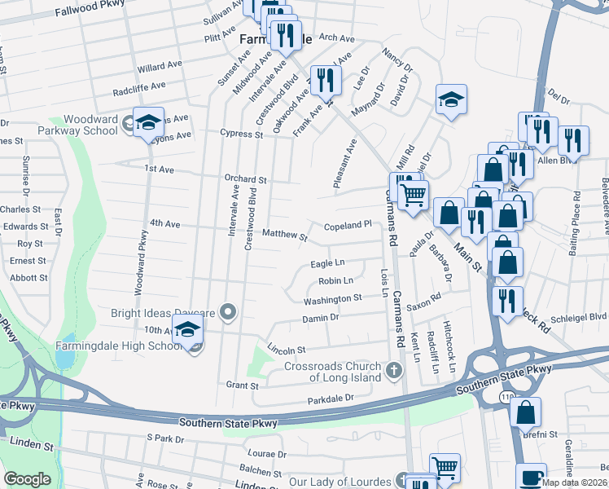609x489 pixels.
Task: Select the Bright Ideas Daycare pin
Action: (229, 312)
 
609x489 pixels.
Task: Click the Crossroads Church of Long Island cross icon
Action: (394, 372)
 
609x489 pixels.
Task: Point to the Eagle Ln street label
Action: (327, 263)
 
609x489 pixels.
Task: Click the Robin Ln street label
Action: (335, 281)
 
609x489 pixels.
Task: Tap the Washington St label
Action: (332, 299)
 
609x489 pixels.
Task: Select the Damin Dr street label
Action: (320, 319)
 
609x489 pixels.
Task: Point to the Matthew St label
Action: (285, 236)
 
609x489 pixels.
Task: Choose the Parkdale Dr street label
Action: (331, 399)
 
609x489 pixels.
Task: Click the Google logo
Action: (27, 479)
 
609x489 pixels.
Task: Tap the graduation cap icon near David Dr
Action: (450, 100)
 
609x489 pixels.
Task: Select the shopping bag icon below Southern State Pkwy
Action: (526, 412)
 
